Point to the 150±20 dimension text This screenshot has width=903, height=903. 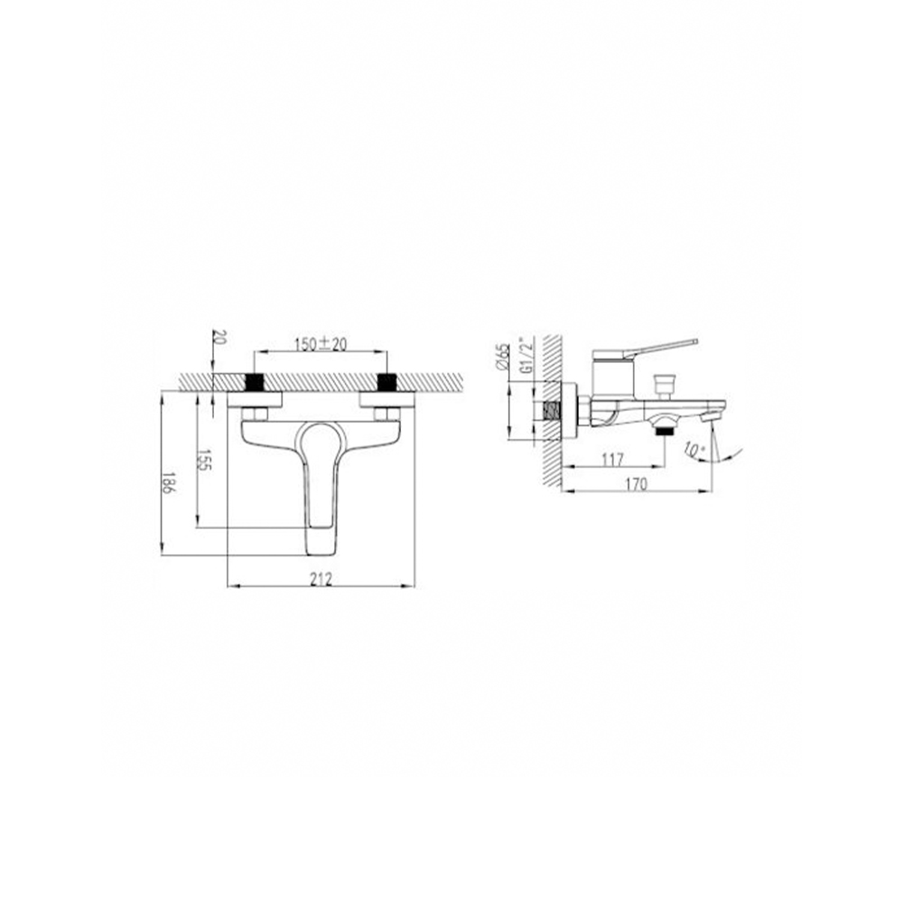tap(321, 344)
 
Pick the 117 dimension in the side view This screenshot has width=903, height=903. tap(612, 460)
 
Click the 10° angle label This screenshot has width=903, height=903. tap(694, 450)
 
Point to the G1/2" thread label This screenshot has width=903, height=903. tap(524, 355)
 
